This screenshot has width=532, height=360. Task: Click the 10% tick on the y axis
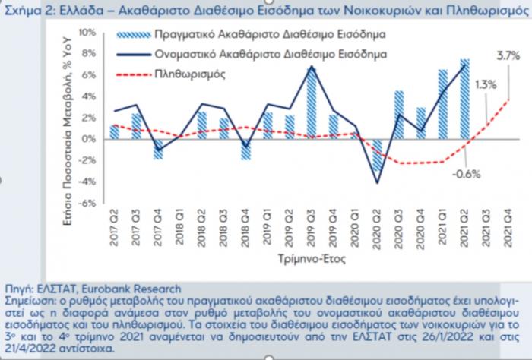(x=87, y=33)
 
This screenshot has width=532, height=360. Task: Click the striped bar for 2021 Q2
(x=465, y=99)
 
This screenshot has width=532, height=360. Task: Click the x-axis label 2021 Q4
(x=508, y=227)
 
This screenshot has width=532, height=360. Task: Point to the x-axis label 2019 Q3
(x=312, y=227)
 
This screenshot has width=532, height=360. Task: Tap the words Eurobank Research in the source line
(x=137, y=289)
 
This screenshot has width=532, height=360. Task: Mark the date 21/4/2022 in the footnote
(x=30, y=349)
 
